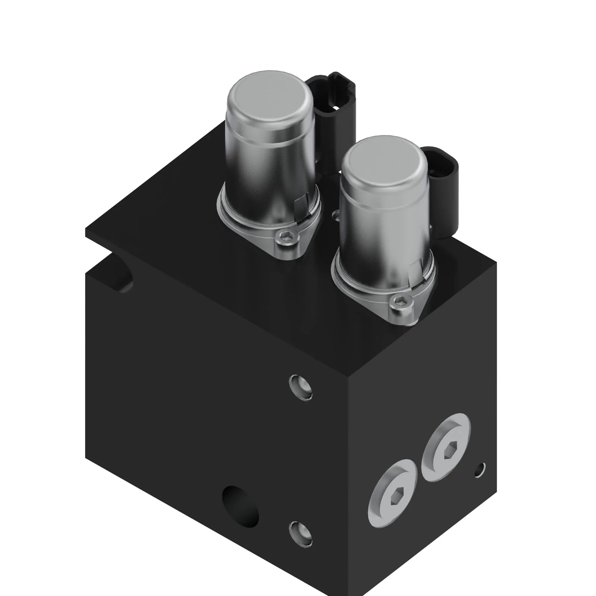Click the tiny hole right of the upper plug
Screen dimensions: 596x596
pos(480,470)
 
